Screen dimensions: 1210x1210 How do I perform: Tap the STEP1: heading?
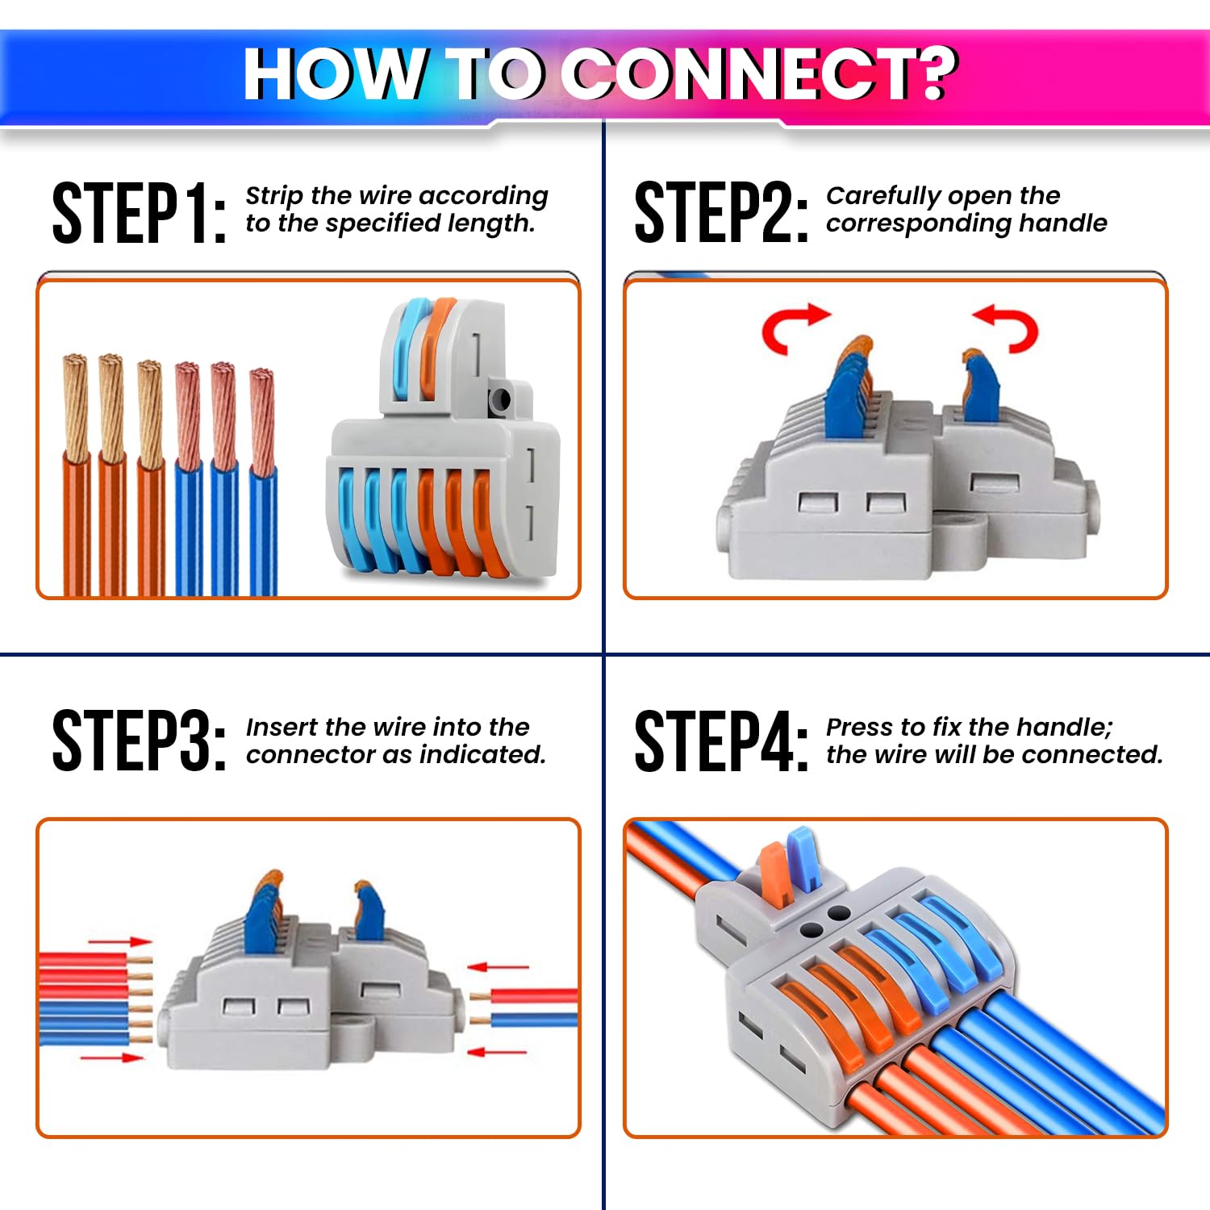pyautogui.click(x=139, y=213)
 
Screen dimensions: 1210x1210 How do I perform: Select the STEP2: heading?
pyautogui.click(x=721, y=213)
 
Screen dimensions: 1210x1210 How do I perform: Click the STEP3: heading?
pyautogui.click(x=139, y=741)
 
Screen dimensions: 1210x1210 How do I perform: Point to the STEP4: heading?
pyautogui.click(x=721, y=741)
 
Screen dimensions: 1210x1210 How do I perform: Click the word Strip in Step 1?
pyautogui.click(x=274, y=196)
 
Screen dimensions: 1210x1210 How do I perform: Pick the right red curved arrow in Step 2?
pyautogui.click(x=1008, y=327)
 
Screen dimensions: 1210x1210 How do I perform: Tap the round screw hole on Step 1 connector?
pyautogui.click(x=500, y=399)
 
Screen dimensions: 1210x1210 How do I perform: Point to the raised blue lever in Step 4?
pyautogui.click(x=803, y=859)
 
